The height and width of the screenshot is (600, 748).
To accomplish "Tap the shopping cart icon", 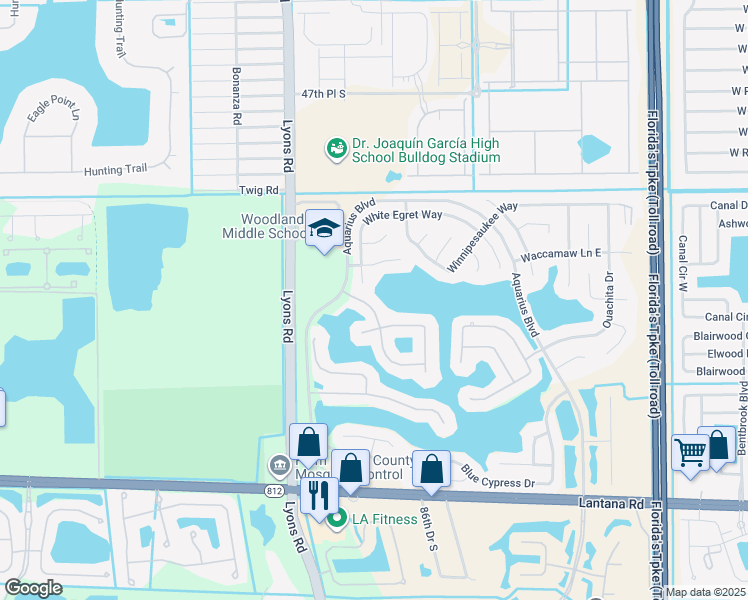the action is pyautogui.click(x=690, y=453).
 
